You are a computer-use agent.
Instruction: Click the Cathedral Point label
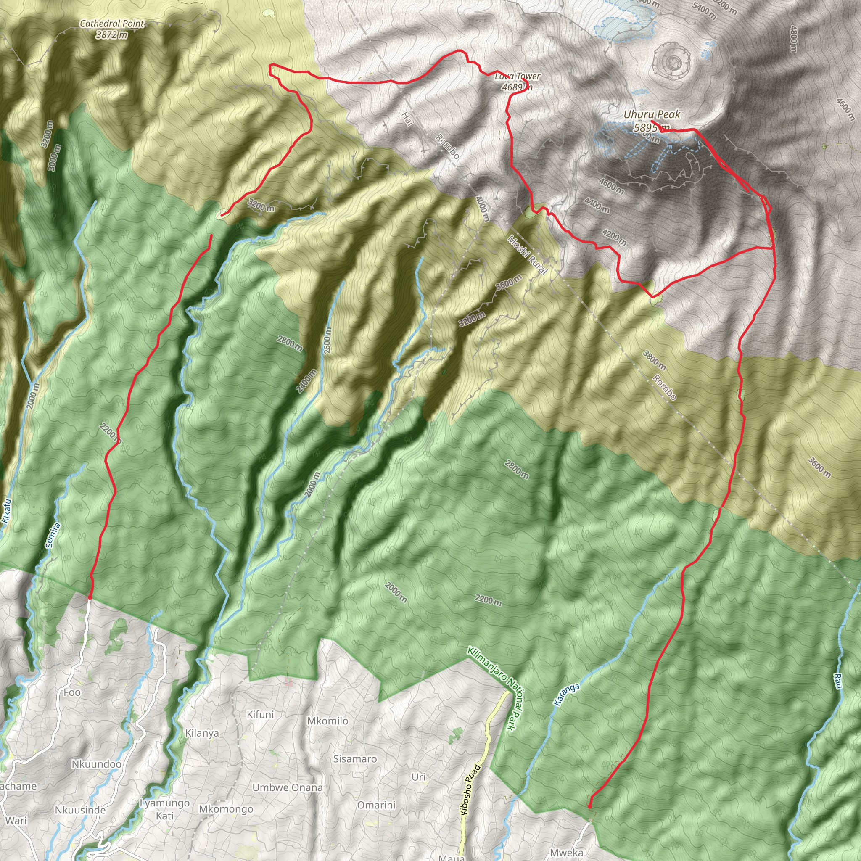[x=112, y=24]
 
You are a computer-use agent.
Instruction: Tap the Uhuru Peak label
[x=652, y=114]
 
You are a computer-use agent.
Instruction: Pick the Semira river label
[x=53, y=535]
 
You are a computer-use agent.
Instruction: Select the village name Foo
[x=72, y=692]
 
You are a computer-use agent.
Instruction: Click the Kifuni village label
[x=260, y=714]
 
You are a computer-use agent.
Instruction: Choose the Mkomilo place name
[x=327, y=721]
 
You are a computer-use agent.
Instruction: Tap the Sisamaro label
[x=355, y=758]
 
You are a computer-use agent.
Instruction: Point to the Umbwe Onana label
[x=288, y=787]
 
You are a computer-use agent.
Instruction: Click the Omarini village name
[x=376, y=805]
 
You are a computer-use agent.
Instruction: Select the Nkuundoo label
[x=96, y=764]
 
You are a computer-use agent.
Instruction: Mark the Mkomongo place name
[x=226, y=809]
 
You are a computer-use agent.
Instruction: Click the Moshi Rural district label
[x=527, y=254]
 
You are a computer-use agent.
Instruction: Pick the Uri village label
[x=418, y=777]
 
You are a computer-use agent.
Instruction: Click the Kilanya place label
[x=202, y=733]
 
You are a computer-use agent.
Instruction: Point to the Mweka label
[x=566, y=853]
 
